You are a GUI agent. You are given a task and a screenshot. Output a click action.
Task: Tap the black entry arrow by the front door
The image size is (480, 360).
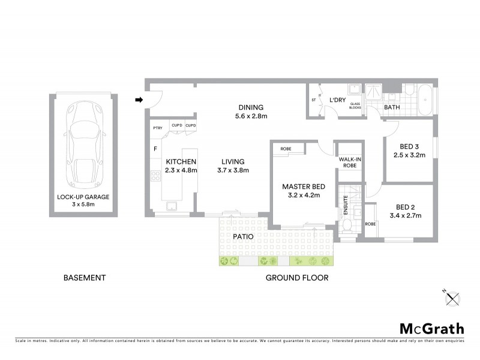tap(139, 100)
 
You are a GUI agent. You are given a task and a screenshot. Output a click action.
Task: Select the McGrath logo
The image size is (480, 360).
tap(431, 328)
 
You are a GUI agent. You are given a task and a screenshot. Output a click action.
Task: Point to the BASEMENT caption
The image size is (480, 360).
tap(85, 278)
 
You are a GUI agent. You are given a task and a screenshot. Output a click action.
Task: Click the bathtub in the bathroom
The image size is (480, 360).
tap(425, 100)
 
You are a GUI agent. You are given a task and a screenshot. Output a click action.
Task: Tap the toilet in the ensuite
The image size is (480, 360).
tap(347, 226)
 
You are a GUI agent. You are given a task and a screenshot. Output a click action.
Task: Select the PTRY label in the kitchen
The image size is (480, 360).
tap(158, 128)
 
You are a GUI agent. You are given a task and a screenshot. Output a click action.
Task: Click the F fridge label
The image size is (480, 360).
tap(155, 148)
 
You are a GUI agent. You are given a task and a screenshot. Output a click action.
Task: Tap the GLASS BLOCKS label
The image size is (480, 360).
tap(355, 106)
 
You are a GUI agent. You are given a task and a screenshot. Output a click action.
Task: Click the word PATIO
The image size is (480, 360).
tap(244, 236)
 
